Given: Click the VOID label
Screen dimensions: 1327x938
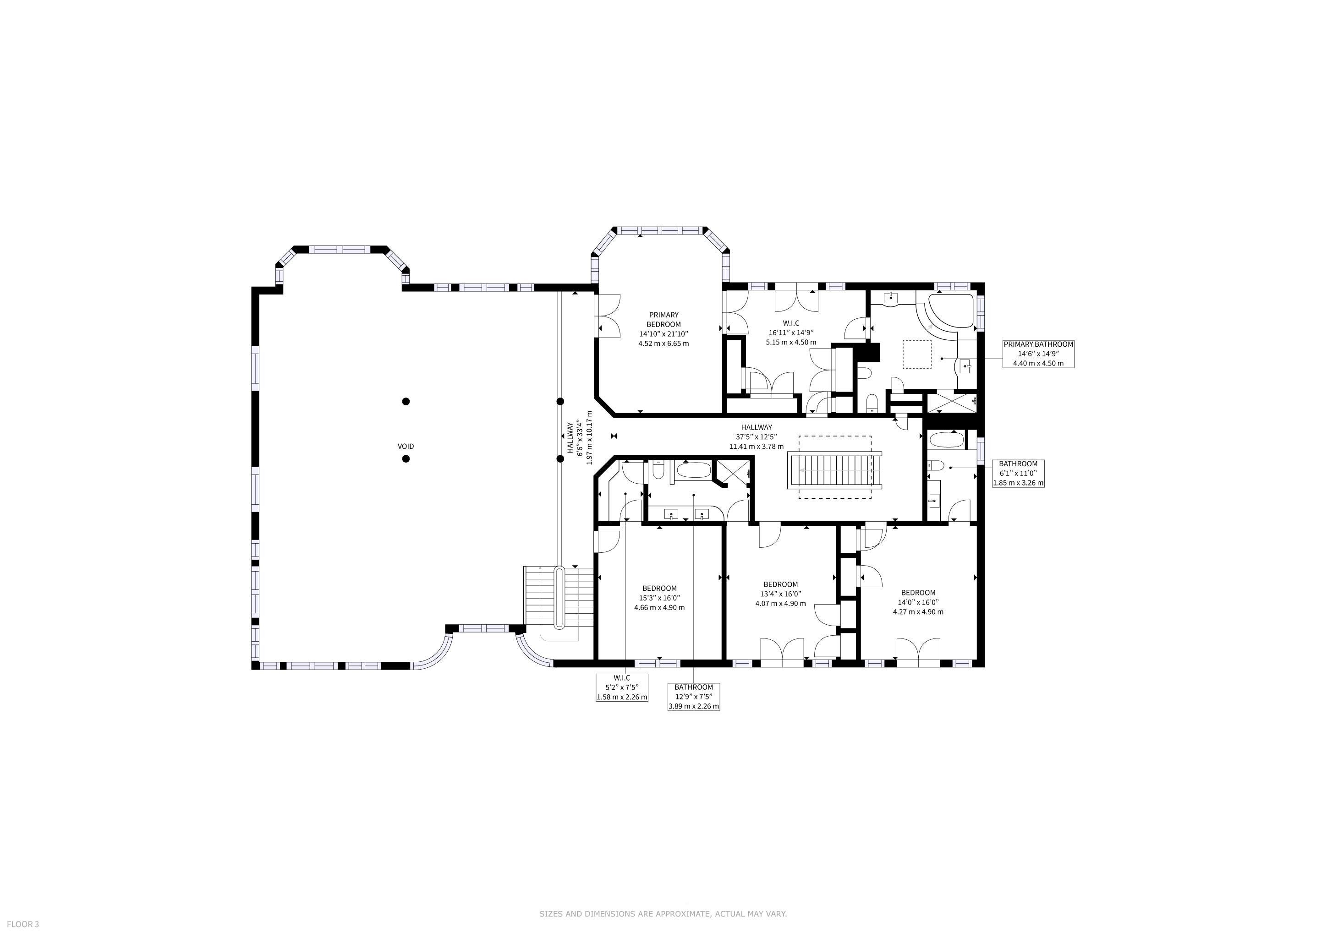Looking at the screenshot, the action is (x=406, y=447).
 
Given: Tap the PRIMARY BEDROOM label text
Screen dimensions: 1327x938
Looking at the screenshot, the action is (x=663, y=319).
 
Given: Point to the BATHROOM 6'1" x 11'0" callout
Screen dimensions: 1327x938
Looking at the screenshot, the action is (x=1018, y=473).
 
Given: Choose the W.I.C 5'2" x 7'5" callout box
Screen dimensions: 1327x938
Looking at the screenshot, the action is (x=622, y=687).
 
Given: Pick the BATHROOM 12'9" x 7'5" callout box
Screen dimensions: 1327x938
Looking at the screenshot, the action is (x=694, y=697).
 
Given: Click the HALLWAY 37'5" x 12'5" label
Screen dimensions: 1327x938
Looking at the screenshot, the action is (x=756, y=436).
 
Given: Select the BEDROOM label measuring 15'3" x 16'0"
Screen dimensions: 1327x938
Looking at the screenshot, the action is (x=659, y=598).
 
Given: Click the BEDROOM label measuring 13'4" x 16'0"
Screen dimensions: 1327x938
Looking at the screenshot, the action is (x=780, y=594).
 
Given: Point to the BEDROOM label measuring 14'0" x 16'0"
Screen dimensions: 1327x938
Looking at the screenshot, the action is (x=918, y=602).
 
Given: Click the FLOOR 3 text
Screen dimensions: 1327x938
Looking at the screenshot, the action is (x=23, y=924).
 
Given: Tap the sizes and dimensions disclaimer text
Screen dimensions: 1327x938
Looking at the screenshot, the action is (x=663, y=914).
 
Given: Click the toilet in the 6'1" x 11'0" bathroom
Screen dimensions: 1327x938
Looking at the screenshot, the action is (x=936, y=465).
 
